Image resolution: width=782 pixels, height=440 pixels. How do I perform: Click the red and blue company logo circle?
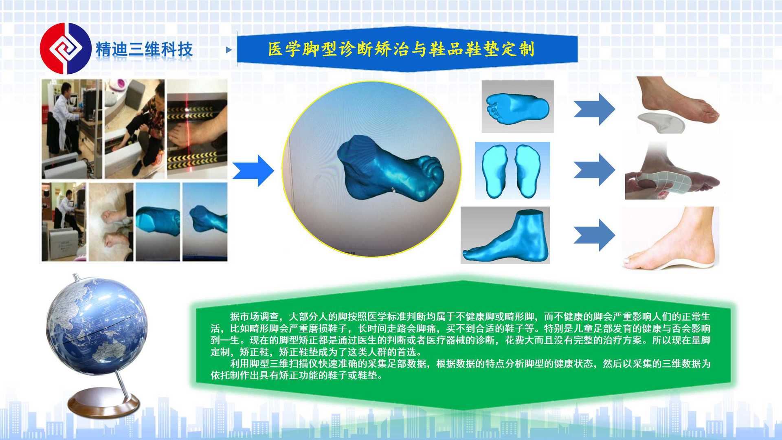pos(65,48)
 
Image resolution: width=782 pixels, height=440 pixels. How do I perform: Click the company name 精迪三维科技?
pos(144,49)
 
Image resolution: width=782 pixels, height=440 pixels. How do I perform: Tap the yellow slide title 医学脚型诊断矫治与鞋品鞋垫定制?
pos(401,49)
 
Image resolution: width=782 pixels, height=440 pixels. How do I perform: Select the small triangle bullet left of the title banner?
pos(229,50)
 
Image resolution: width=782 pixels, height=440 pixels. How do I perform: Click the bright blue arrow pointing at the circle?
pos(253,171)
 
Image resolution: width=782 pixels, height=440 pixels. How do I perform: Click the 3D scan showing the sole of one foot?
pos(518,107)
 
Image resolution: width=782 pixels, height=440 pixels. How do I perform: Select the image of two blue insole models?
pos(512,170)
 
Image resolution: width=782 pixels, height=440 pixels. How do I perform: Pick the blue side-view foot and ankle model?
pos(505,235)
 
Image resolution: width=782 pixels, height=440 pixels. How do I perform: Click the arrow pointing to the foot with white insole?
pos(594,109)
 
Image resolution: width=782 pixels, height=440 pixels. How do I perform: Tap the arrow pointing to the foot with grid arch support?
pos(594,170)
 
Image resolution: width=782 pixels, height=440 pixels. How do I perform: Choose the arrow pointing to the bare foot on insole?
pos(594,235)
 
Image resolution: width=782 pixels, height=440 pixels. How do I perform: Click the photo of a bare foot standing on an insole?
pos(670,238)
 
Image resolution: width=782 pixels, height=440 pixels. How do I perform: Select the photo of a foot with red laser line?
pos(197,129)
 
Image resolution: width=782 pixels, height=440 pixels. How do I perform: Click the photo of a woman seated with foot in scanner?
pos(135,129)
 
